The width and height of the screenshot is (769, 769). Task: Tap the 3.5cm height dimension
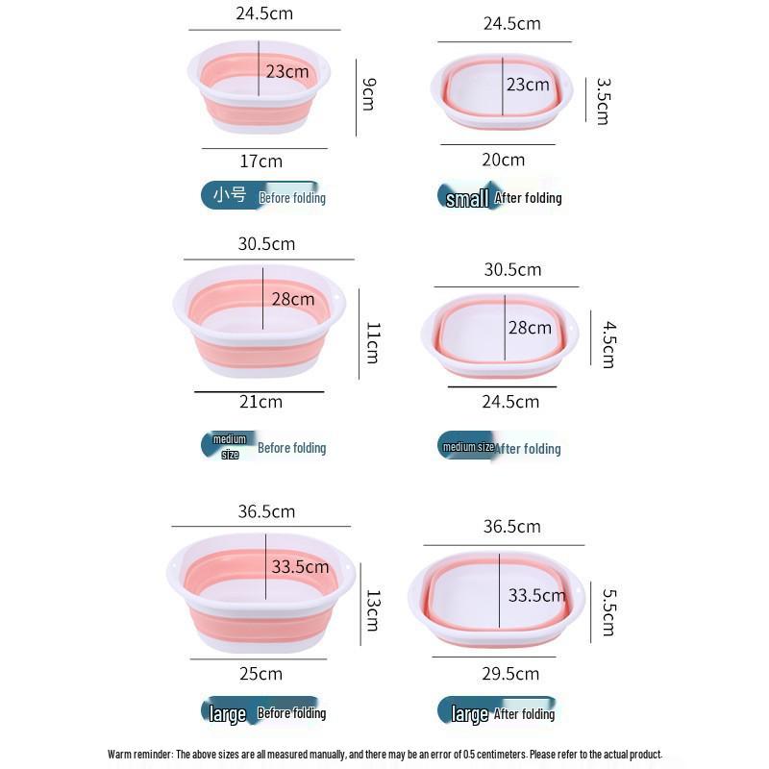[x=603, y=101]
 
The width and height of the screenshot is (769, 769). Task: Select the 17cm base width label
[x=260, y=161]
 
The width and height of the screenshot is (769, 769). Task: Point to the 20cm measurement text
[x=503, y=160]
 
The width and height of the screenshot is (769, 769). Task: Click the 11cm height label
[x=372, y=342]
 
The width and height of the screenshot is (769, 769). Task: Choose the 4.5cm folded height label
[x=608, y=345]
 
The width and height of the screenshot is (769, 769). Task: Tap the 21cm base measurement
[x=260, y=402]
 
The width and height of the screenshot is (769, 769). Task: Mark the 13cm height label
[x=372, y=610]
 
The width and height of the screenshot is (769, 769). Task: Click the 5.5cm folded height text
[x=608, y=612]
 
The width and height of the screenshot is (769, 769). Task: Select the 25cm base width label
[x=260, y=674]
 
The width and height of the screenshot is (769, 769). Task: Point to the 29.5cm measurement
[x=510, y=673]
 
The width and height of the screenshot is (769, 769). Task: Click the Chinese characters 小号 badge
[x=230, y=195]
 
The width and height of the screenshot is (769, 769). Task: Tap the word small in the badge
[x=467, y=199]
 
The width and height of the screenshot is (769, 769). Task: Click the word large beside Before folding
[x=228, y=713]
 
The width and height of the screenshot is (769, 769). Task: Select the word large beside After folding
[x=469, y=713]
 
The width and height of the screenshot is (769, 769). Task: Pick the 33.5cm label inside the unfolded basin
[x=300, y=566]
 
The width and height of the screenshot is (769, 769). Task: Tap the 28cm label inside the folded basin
[x=530, y=328]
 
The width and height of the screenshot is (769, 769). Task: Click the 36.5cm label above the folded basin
[x=511, y=527]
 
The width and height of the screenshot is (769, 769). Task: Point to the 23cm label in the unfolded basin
[x=287, y=71]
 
